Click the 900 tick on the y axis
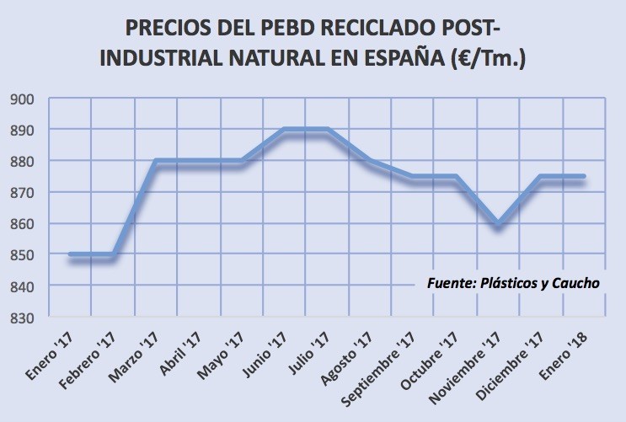click(x=22, y=99)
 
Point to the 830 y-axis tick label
click(x=22, y=318)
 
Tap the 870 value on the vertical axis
click(x=22, y=193)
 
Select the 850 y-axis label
click(x=22, y=255)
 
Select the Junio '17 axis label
click(x=265, y=355)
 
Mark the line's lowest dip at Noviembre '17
click(x=497, y=223)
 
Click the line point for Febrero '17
click(x=114, y=254)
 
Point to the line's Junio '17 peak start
click(x=284, y=130)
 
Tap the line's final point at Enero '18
click(x=584, y=176)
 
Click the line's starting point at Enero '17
click(x=71, y=254)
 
